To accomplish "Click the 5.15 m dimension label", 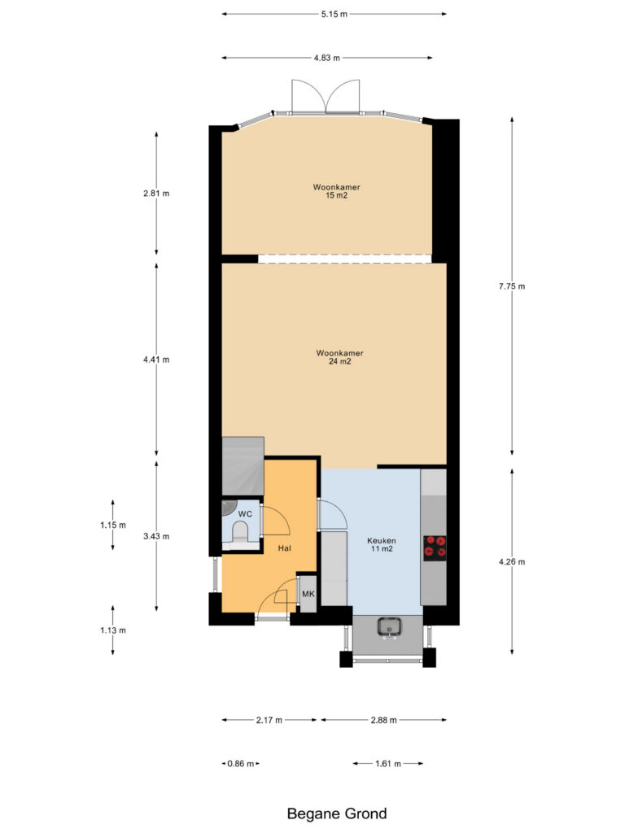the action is (334, 14).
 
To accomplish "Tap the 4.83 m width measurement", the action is (326, 58).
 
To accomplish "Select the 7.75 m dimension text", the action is (512, 286).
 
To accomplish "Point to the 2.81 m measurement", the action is (156, 194).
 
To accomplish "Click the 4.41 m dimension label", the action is (156, 360).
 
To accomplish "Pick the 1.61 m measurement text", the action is (388, 763).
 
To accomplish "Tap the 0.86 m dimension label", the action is (241, 763).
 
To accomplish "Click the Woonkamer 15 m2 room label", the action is (336, 191).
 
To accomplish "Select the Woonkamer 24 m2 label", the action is (339, 357).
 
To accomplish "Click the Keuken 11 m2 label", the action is (382, 544).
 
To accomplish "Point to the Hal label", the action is (284, 548).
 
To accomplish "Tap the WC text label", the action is (245, 514).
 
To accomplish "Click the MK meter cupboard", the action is (308, 593).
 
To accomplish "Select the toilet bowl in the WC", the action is (240, 532).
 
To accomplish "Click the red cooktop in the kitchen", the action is (435, 547).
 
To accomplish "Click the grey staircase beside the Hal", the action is (243, 466).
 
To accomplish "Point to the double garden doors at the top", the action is (326, 97).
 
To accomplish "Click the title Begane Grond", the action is (337, 813).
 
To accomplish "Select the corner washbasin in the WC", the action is (228, 508).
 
